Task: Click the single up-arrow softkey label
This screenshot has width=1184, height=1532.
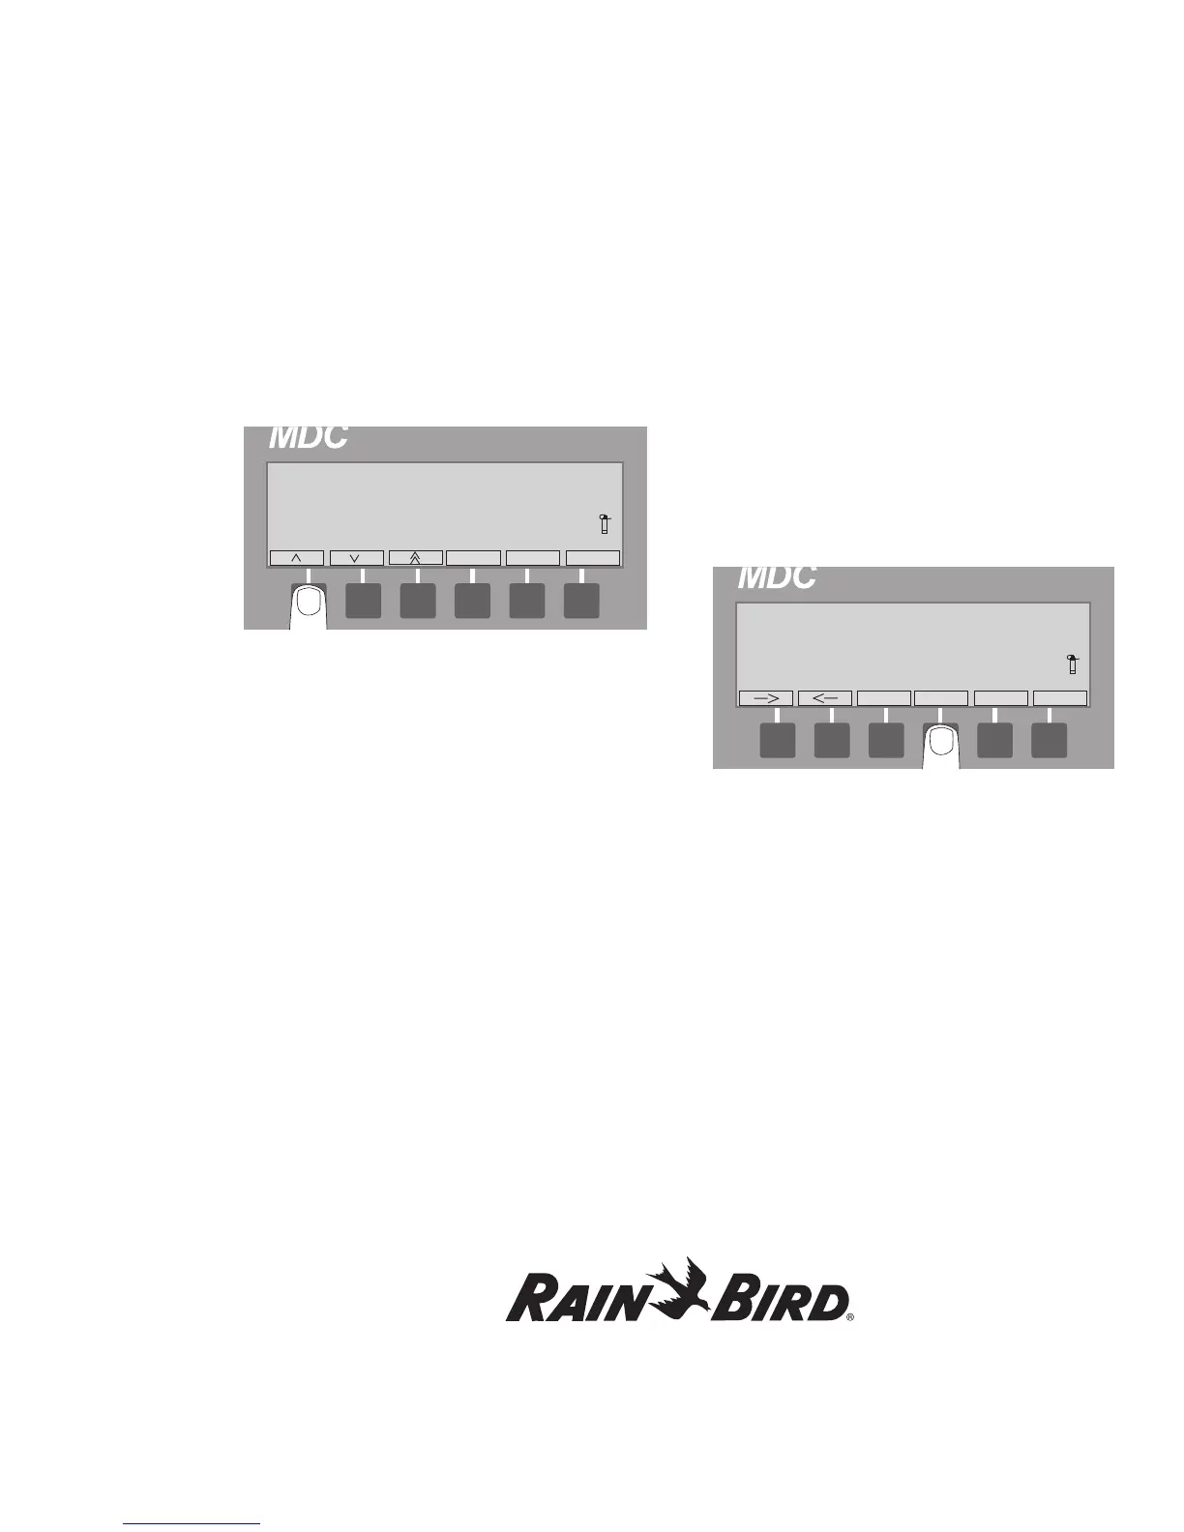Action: point(296,558)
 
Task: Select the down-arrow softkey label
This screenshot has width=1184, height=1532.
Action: point(356,558)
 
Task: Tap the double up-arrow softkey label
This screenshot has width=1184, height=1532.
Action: point(416,558)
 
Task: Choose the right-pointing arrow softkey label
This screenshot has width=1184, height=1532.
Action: point(765,698)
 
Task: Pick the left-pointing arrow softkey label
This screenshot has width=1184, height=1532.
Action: point(825,698)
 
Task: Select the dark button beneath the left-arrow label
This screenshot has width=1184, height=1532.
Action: point(832,740)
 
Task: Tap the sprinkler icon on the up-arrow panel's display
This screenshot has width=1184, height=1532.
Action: point(604,524)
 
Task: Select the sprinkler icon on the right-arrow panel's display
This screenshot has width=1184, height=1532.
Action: point(1072,664)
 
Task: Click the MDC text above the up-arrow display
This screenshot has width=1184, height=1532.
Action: point(308,437)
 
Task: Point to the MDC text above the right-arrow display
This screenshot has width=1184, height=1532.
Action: point(777,577)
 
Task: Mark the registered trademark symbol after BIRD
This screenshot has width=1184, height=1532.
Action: point(850,1317)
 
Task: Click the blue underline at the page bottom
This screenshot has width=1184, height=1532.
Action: point(192,1524)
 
